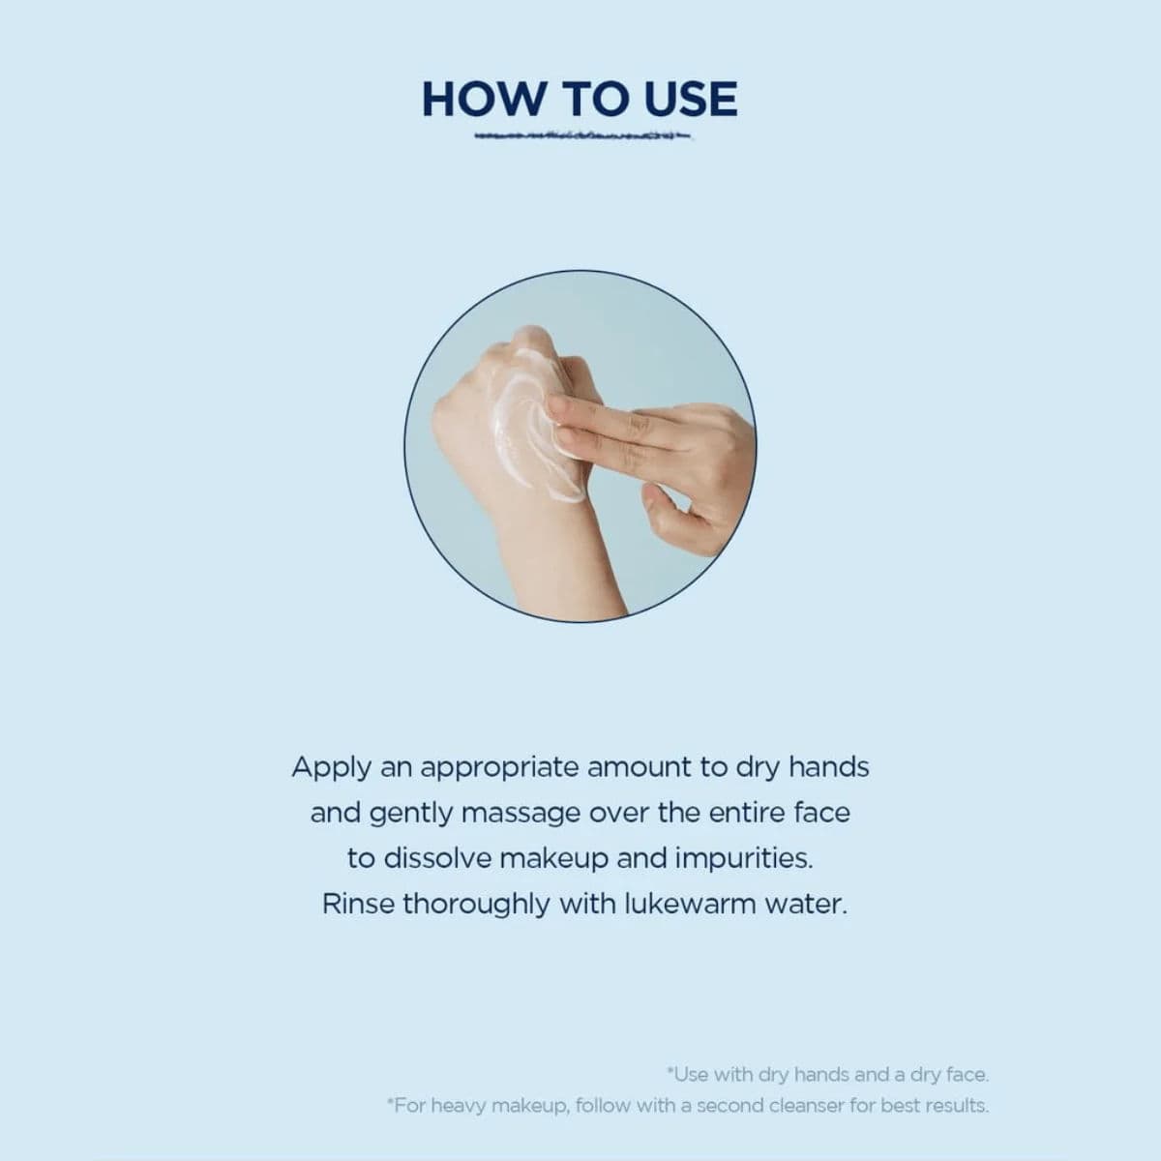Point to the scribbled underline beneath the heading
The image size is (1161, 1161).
582,136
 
